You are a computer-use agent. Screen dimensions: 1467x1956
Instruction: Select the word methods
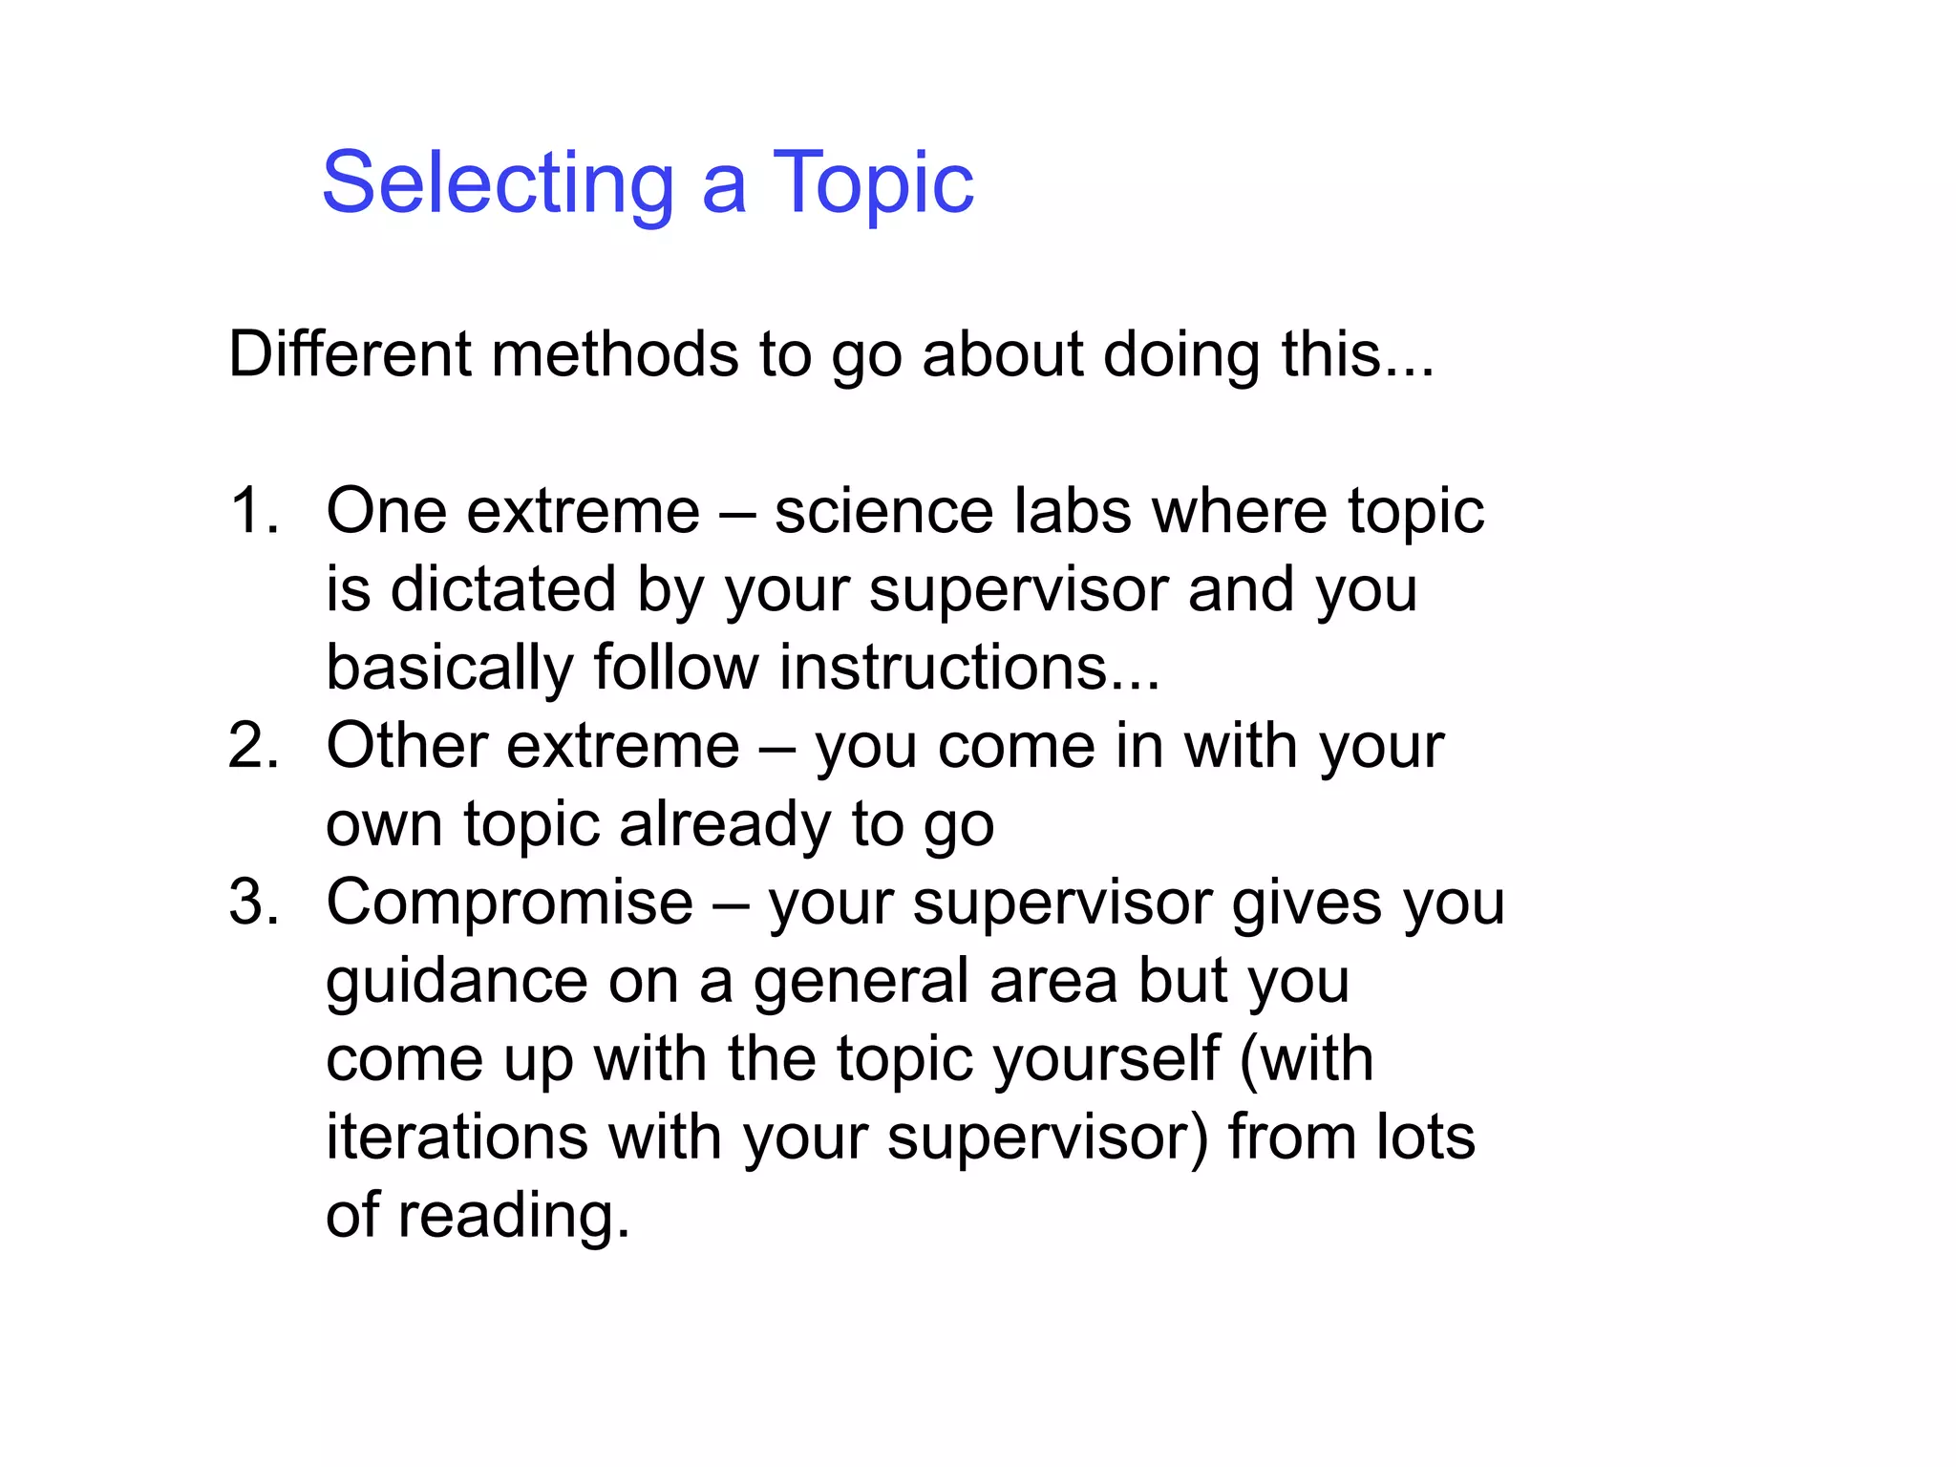(x=615, y=354)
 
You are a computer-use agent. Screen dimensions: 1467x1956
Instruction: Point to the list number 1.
(x=254, y=511)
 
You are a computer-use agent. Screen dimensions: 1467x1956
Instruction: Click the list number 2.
(x=254, y=746)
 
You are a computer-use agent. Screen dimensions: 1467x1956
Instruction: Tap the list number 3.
(x=254, y=903)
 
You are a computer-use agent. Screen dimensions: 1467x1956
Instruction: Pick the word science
(x=883, y=511)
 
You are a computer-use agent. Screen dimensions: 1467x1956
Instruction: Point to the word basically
(x=450, y=668)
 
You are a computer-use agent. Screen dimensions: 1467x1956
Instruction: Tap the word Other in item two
(x=406, y=746)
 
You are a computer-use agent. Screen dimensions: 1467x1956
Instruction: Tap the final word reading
(x=514, y=1218)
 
